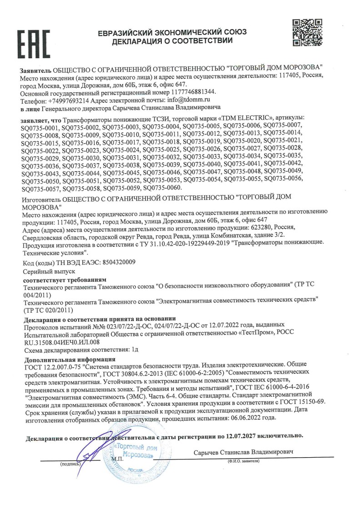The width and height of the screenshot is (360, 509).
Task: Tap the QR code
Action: pos(307,33)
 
